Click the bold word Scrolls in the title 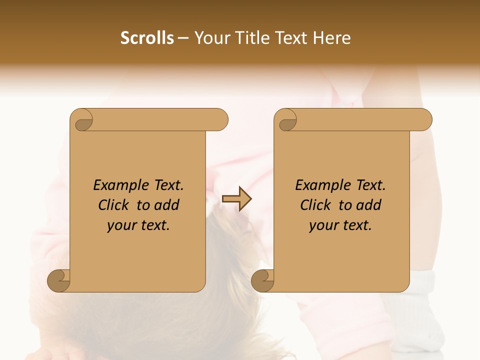[147, 38]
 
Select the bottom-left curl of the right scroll [262, 280]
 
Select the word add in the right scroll [369, 205]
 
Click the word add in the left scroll [167, 205]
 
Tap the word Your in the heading [210, 38]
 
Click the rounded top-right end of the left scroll [220, 120]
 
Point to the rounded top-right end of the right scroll [424, 120]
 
